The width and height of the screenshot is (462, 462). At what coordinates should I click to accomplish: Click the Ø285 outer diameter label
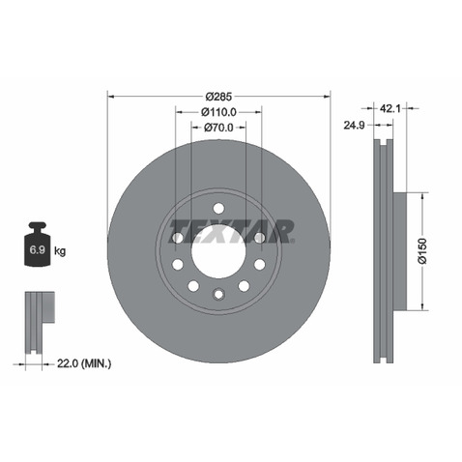[218, 96]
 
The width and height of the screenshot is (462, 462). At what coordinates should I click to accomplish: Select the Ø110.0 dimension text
[218, 112]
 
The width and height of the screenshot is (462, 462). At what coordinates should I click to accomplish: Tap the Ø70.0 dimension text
[218, 128]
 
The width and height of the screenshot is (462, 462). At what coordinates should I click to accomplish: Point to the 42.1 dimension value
[390, 108]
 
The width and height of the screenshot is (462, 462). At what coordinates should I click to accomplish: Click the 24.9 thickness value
[354, 125]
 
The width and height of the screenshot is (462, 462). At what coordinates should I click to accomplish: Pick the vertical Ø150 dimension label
[422, 251]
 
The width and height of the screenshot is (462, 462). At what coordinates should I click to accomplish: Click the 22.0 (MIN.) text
[84, 363]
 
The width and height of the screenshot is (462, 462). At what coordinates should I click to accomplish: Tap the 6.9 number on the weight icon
[38, 249]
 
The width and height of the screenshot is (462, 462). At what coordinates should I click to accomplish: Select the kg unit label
[60, 250]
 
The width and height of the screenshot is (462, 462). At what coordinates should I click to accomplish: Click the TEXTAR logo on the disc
[231, 231]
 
